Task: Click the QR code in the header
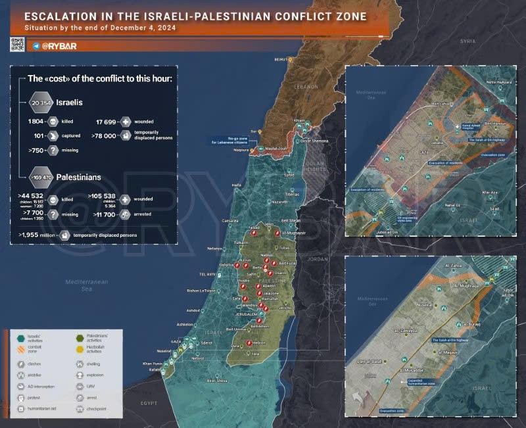pos(17,45)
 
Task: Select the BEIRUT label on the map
pos(281,59)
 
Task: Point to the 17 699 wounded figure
pos(108,122)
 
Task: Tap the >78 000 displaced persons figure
pos(106,136)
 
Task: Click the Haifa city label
pos(237,185)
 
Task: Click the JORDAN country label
pos(318,259)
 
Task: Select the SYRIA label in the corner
pos(467,41)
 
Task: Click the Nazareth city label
pos(280,202)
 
